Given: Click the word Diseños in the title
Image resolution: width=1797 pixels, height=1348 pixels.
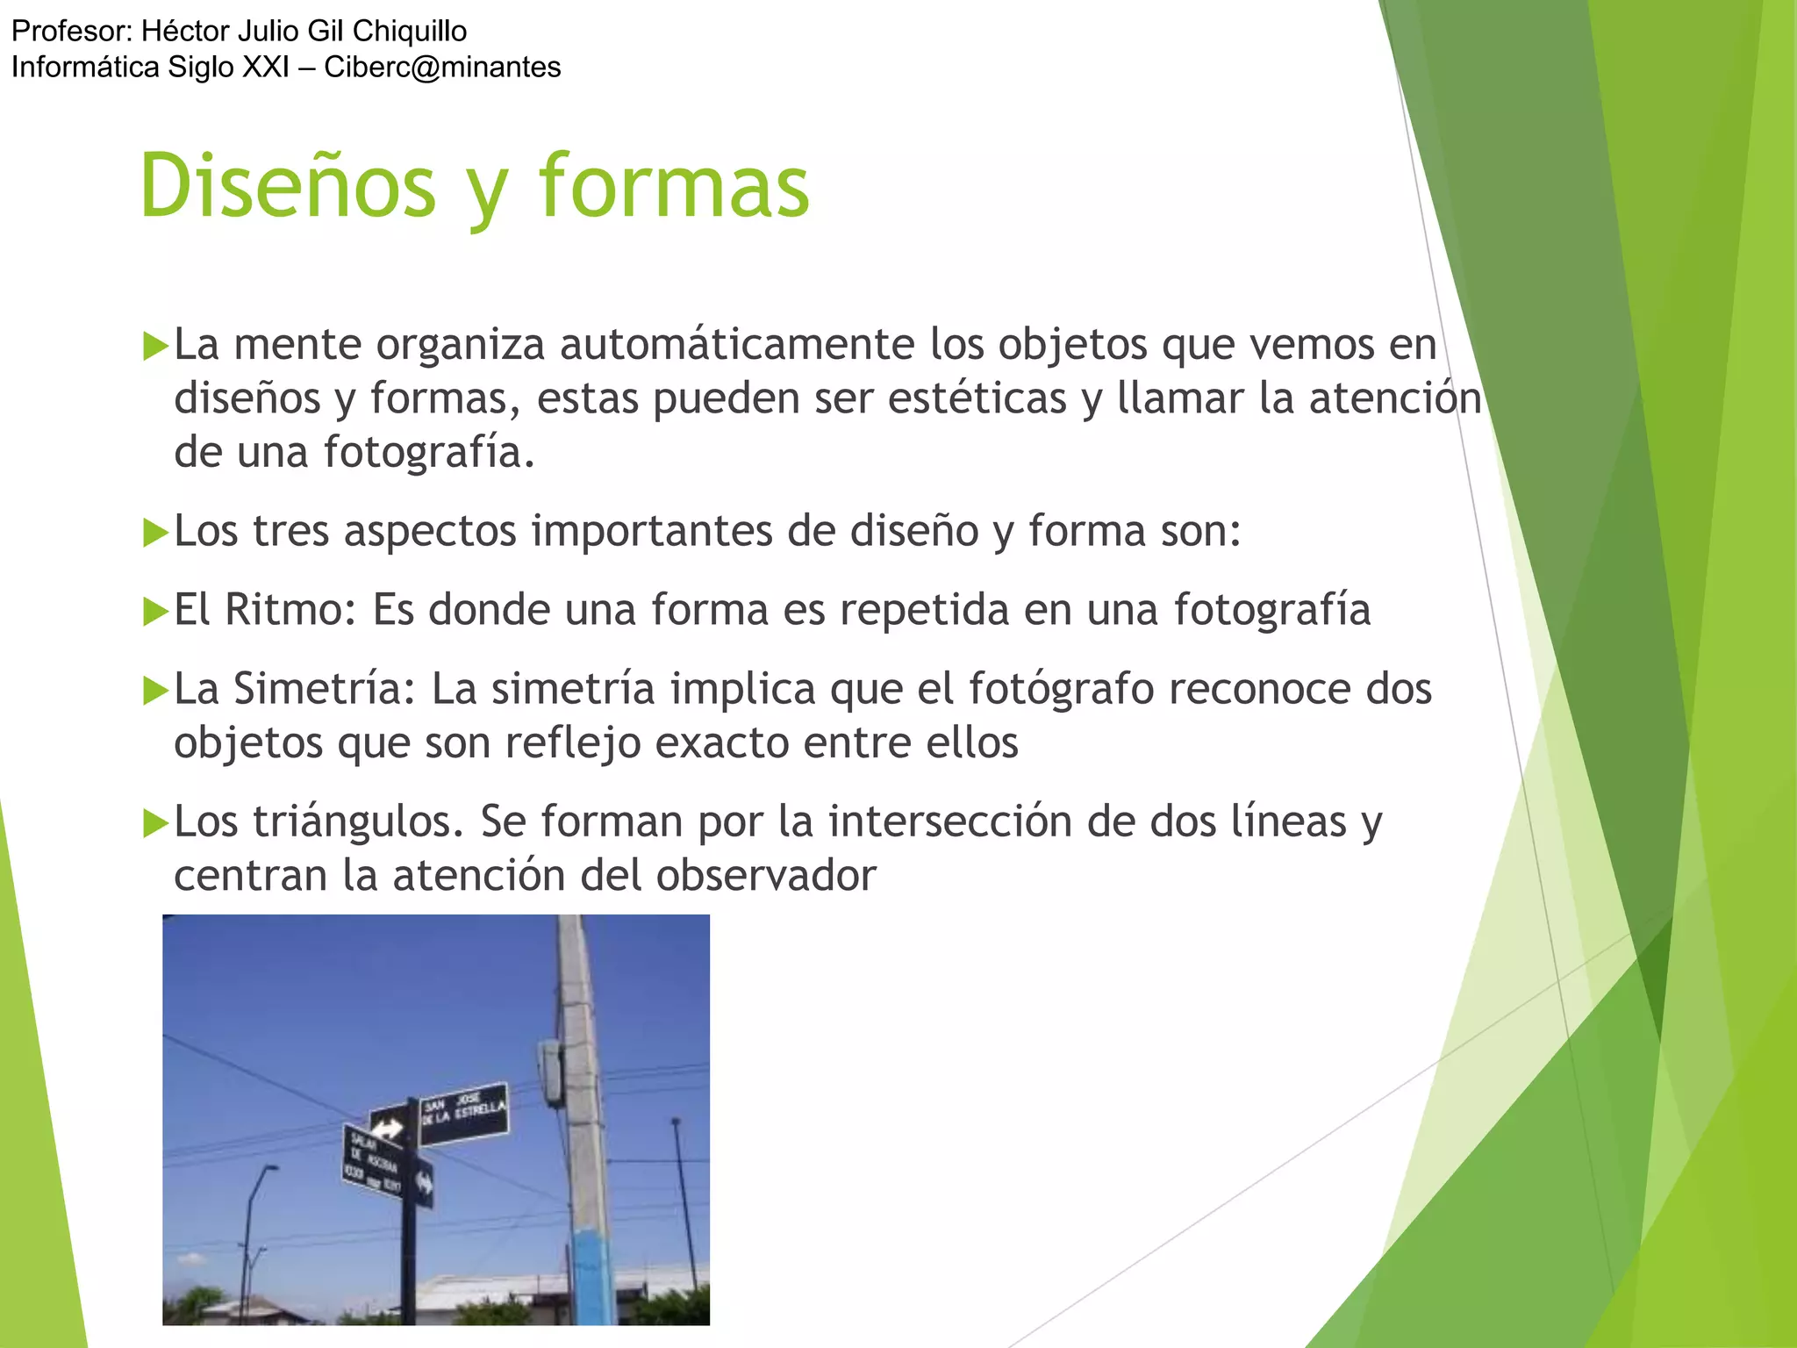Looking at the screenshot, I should (x=288, y=186).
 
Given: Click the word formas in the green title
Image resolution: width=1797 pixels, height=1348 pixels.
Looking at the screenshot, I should (x=674, y=186).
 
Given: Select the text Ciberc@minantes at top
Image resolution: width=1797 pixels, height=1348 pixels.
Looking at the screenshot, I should (x=442, y=67).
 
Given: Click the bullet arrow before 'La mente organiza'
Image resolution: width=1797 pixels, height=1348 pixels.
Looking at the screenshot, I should (x=155, y=346).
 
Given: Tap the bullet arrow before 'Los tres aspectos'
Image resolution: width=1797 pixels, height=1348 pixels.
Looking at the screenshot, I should (x=155, y=533).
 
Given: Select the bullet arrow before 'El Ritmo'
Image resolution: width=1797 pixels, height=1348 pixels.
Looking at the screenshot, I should (x=155, y=612).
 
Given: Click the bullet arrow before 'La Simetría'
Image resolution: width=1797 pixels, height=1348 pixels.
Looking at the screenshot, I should (x=155, y=691).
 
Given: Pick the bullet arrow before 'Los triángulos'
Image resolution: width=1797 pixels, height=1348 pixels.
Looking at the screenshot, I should (x=155, y=823).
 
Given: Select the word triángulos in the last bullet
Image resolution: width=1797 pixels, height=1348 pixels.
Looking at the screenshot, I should (x=358, y=822).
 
